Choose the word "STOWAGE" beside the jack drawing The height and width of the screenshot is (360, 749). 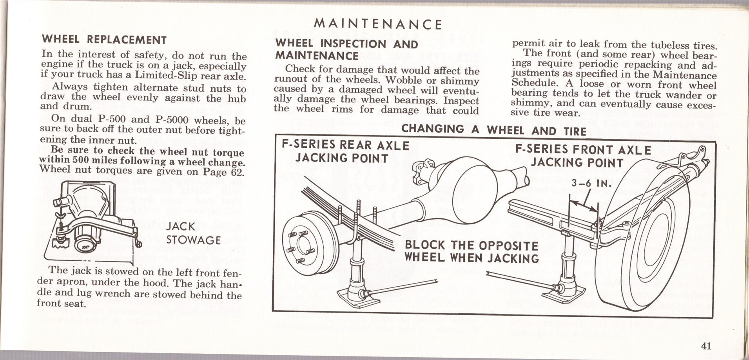tap(194, 240)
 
